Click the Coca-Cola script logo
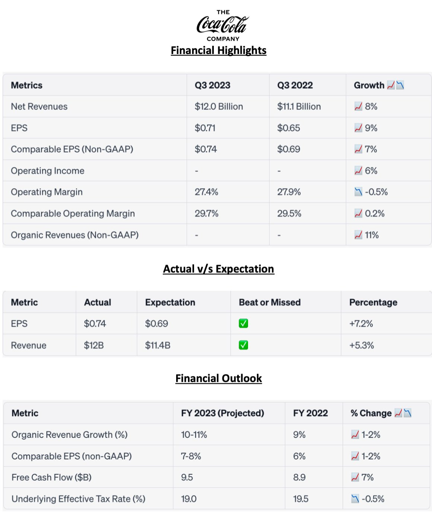[x=222, y=25]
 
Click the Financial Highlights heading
[x=219, y=50]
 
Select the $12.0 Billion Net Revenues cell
[x=219, y=107]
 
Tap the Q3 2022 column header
[x=295, y=85]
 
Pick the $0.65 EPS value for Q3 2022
[x=289, y=128]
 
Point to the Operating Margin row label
[x=47, y=192]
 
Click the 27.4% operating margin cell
[x=206, y=192]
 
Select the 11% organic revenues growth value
[x=371, y=235]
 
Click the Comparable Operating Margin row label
[x=73, y=214]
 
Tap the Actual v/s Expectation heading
[x=219, y=269]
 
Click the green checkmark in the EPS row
[x=244, y=323]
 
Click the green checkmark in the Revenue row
[x=244, y=345]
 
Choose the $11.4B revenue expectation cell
[x=158, y=345]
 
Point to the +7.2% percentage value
[x=361, y=323]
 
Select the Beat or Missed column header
[x=270, y=302]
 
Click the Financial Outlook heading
[x=219, y=378]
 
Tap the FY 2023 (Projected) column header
[x=222, y=413]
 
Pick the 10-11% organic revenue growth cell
[x=194, y=434]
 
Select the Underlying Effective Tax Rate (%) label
[x=78, y=499]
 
